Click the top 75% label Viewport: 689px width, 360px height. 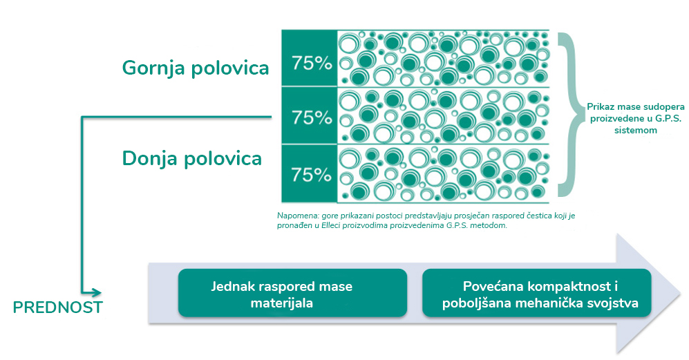[312, 63]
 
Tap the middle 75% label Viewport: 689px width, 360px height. [312, 117]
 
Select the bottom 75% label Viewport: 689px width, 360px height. [312, 175]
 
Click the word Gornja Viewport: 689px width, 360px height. [151, 68]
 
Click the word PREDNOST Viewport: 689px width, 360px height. [58, 307]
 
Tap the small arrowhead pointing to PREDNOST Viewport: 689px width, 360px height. [96, 292]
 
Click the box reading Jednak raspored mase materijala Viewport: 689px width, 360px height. [292, 293]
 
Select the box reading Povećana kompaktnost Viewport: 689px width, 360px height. [536, 293]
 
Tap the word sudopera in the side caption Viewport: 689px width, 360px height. [663, 107]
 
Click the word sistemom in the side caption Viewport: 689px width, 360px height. [636, 130]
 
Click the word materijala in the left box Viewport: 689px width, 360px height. [282, 303]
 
